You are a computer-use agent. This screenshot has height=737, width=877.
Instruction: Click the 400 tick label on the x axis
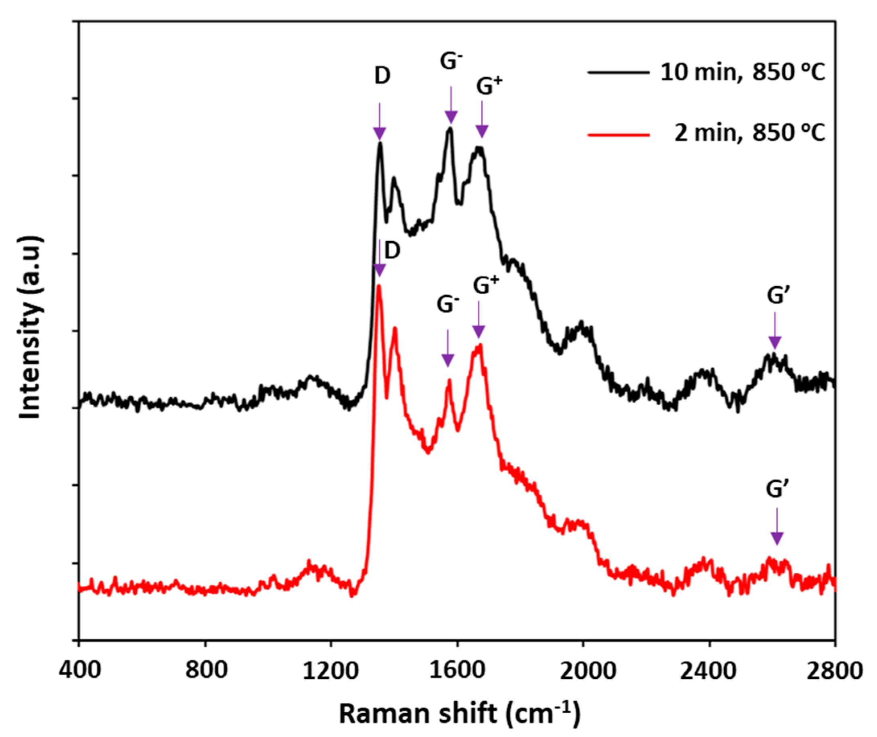point(79,671)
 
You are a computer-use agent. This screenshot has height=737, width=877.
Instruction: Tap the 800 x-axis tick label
point(206,671)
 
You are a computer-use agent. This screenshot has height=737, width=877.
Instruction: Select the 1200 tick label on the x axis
point(331,671)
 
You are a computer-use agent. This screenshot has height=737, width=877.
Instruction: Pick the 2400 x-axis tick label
point(709,671)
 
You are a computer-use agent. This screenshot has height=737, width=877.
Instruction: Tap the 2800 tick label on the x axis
point(836,671)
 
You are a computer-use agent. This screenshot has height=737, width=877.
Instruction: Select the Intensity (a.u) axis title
point(30,328)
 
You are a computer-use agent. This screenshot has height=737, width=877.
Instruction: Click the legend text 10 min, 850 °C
point(743,72)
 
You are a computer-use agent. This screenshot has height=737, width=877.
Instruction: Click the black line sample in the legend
point(618,72)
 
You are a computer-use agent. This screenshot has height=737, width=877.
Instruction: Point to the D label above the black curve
point(382,76)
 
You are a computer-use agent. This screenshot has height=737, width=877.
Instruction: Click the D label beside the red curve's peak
point(392,250)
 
